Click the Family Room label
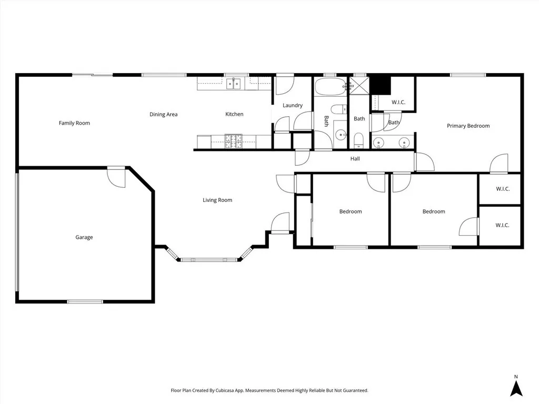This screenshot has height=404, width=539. click(x=74, y=123)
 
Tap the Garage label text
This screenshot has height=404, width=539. click(x=84, y=237)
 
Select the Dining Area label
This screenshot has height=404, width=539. click(x=163, y=114)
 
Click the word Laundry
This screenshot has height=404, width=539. click(x=292, y=105)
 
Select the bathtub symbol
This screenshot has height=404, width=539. click(x=330, y=87)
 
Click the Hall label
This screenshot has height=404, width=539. click(x=355, y=159)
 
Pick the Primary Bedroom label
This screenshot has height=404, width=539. click(x=468, y=126)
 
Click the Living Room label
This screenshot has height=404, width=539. click(x=217, y=200)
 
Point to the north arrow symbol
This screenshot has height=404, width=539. click(x=517, y=388)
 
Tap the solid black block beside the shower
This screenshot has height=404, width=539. click(x=380, y=84)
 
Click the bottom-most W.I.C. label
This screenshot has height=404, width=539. click(x=502, y=225)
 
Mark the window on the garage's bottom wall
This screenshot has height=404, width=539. click(x=85, y=301)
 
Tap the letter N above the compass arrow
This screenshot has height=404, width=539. click(x=516, y=376)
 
